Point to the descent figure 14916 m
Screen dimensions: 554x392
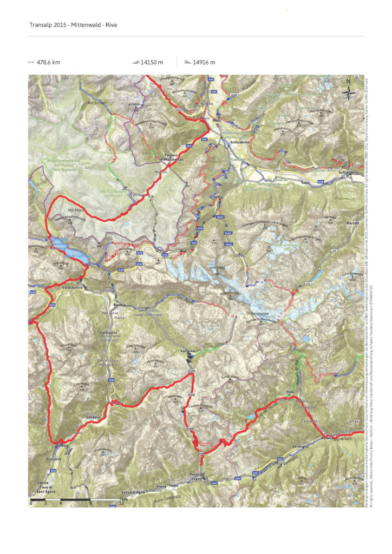pyautogui.click(x=204, y=62)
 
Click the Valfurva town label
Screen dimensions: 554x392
pyautogui.click(x=187, y=352)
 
